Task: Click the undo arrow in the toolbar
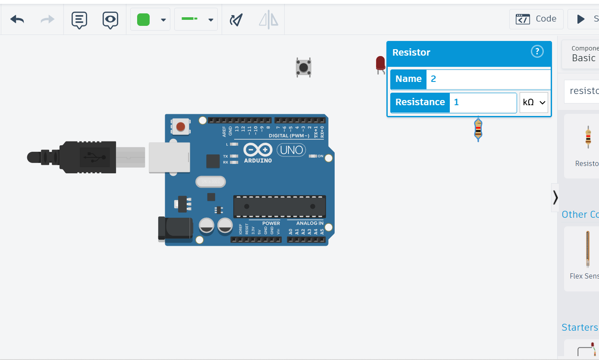[x=17, y=19]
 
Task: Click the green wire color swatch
[x=143, y=19]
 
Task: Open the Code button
[x=536, y=19]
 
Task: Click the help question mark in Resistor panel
[x=537, y=52]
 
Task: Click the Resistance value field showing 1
[x=483, y=103]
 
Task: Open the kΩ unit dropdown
[x=533, y=103]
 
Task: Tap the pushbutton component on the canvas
[x=304, y=68]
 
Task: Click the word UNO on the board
[x=291, y=150]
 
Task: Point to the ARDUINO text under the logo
[x=258, y=161]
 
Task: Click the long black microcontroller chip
[x=279, y=207]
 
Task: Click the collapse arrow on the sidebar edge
[x=555, y=197]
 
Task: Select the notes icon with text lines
[x=79, y=19]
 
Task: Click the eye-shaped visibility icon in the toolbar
[x=110, y=19]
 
